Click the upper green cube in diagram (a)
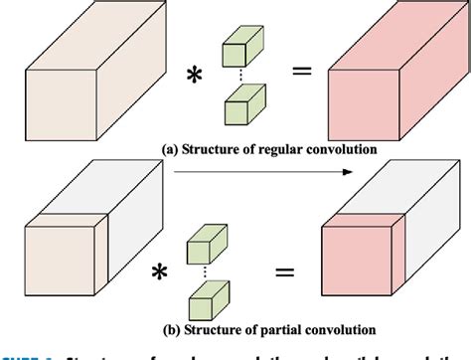point(238,53)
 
